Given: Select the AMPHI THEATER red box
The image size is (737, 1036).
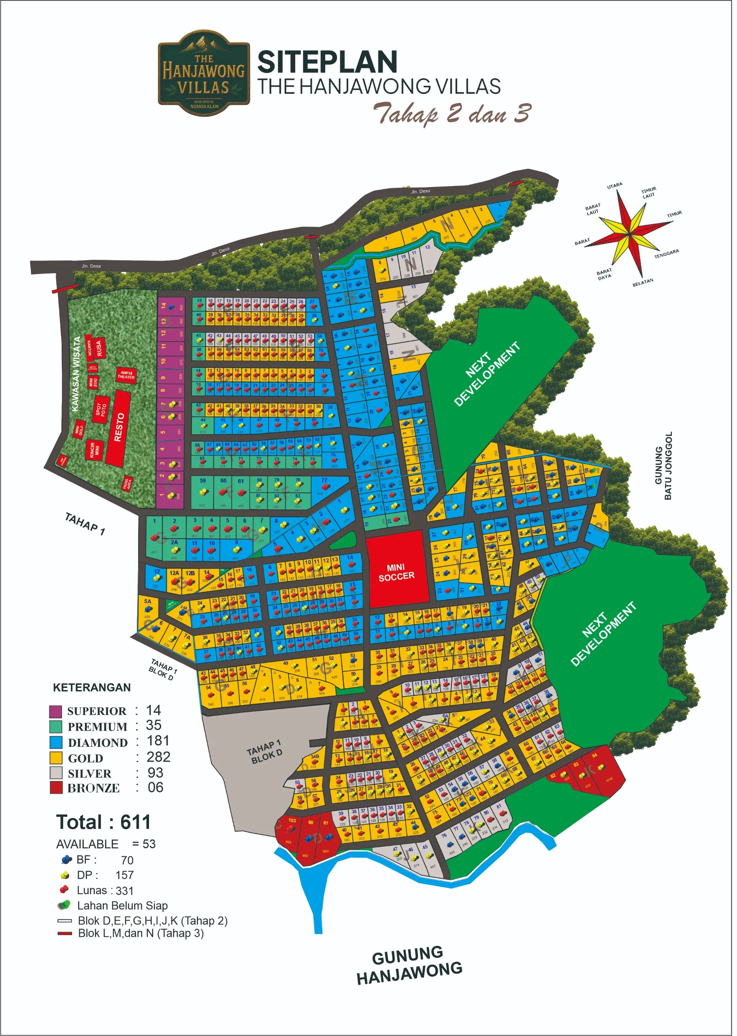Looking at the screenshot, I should (x=126, y=376).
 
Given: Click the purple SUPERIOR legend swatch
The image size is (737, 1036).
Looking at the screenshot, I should (x=55, y=711).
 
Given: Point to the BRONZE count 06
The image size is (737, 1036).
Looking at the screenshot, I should (x=155, y=788).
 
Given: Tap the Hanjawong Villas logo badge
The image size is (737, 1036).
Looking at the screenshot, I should (x=204, y=73).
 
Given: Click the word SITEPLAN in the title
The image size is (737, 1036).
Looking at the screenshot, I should (x=327, y=63).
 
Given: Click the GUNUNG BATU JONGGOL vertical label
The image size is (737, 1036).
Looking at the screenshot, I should (x=663, y=466).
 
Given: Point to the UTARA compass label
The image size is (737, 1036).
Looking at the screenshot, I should (x=615, y=186).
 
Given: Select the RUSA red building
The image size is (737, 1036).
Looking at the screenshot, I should (x=98, y=348).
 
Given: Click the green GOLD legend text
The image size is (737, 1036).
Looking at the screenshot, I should (x=85, y=758).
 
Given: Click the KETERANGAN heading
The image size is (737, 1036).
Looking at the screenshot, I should (x=92, y=688).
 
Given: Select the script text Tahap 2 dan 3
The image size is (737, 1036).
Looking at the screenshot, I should (x=452, y=113).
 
